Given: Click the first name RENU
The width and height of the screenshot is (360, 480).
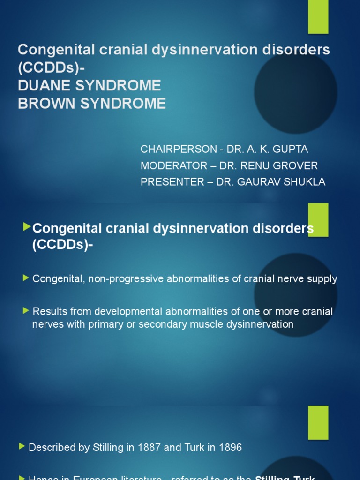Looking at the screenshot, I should pyautogui.click(x=251, y=166).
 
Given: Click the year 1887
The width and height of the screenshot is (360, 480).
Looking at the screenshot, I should pyautogui.click(x=149, y=448).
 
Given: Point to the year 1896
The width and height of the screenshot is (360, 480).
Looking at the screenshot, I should pyautogui.click(x=229, y=448).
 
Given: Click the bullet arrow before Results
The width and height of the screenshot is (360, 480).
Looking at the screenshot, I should pyautogui.click(x=26, y=311).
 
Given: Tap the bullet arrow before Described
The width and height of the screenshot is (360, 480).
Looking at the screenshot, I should pyautogui.click(x=22, y=447).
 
